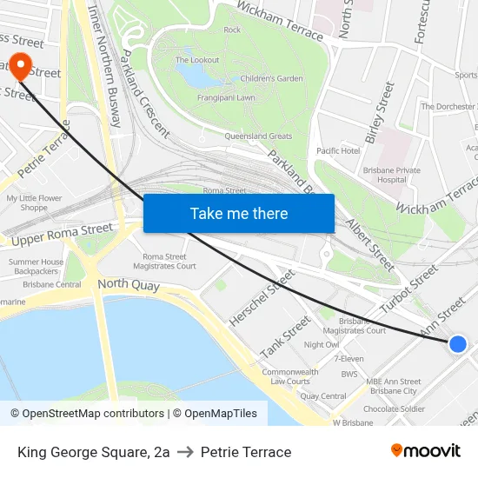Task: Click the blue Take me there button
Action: tap(238, 213)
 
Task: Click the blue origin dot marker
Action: tap(458, 344)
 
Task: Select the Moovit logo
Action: tap(425, 451)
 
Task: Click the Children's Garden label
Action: tap(272, 78)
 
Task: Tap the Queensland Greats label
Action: tap(258, 136)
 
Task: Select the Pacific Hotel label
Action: tap(338, 150)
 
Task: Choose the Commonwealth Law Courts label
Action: tap(289, 376)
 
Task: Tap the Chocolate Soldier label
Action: tap(394, 408)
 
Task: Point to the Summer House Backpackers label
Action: tap(36, 266)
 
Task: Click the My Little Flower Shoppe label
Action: tap(34, 202)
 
